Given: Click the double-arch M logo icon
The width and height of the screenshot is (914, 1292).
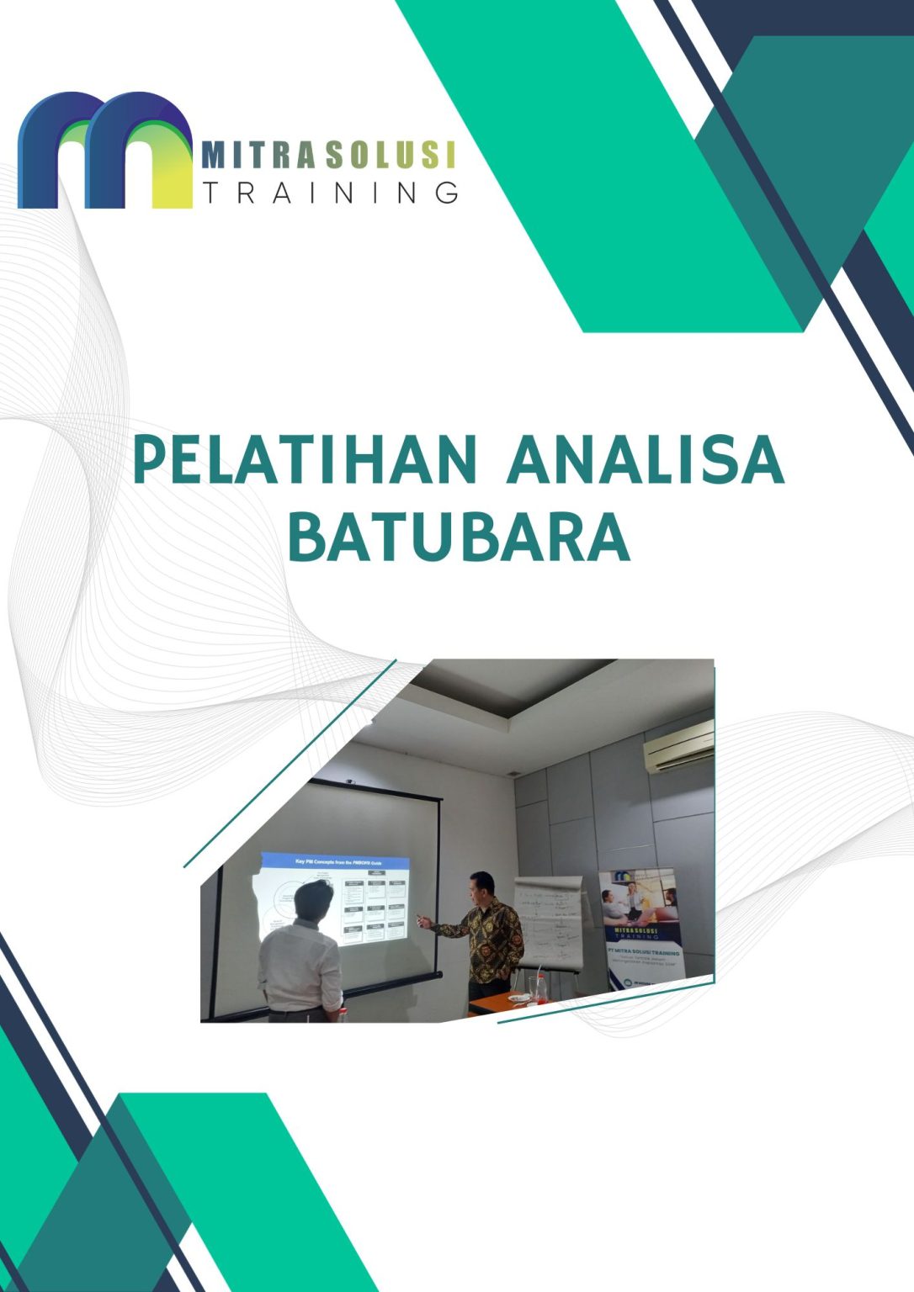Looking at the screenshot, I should tap(105, 151).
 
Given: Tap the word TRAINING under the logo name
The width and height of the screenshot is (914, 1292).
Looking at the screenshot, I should tap(331, 193).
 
